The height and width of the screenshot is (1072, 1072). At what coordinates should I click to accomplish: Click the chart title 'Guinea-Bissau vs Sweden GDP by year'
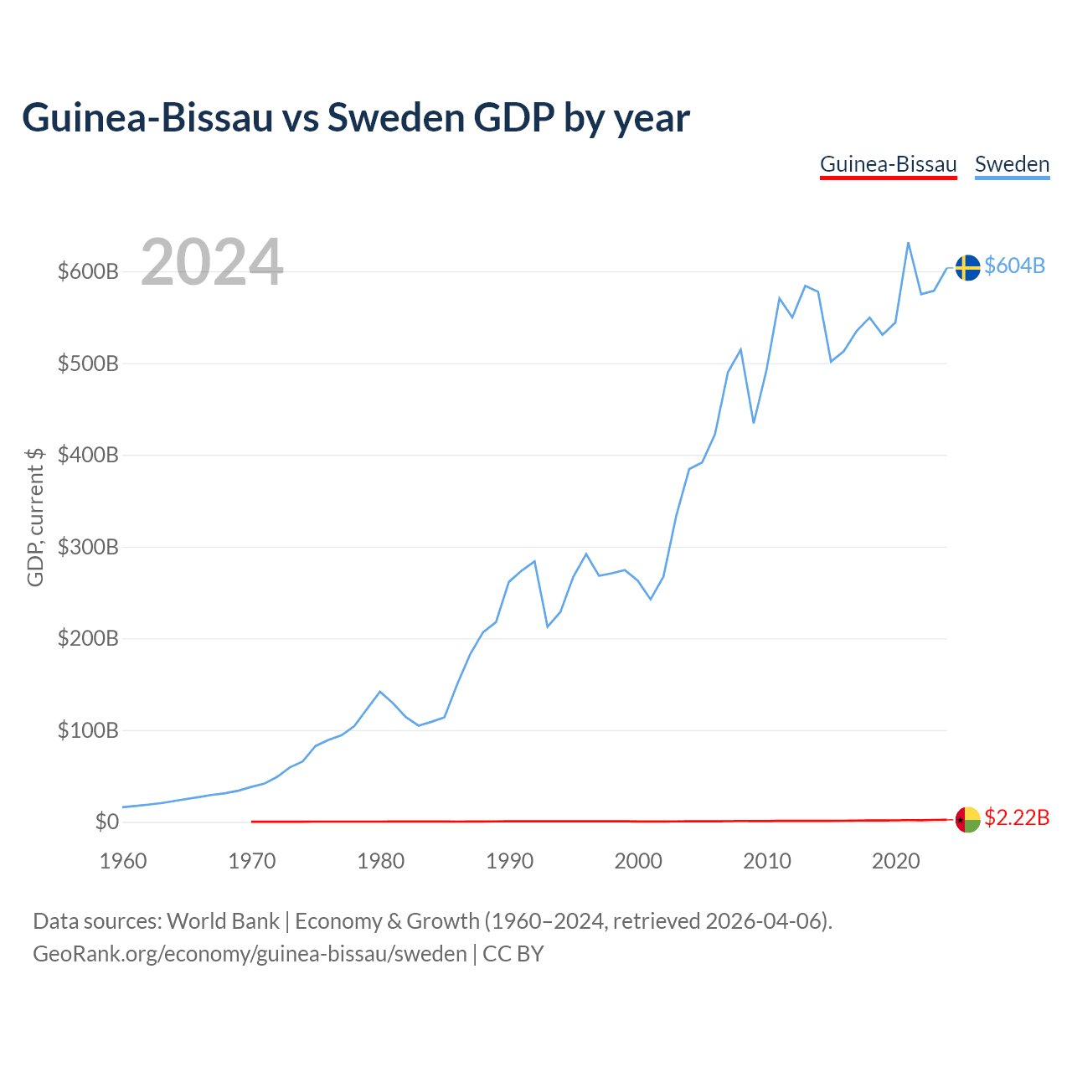point(355,118)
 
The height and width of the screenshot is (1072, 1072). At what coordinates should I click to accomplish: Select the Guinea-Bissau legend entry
point(888,165)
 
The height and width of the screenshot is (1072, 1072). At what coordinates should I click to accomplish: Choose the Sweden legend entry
point(1012,165)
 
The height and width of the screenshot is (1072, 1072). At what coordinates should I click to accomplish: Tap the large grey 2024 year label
point(212,261)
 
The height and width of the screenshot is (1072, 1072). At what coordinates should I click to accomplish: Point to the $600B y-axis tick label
point(88,271)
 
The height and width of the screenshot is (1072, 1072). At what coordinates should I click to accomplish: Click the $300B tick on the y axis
point(88,547)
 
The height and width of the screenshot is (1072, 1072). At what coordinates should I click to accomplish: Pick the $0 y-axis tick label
point(107,822)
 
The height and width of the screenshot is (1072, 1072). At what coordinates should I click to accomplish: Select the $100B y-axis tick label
point(88,729)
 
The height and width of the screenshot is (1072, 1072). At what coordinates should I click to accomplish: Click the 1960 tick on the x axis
point(123,861)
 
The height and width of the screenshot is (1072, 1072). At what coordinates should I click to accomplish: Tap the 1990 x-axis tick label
point(509,861)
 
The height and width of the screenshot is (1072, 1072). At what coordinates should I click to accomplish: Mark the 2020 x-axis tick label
point(895,861)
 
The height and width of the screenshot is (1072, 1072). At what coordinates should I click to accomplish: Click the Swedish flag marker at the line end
point(967,268)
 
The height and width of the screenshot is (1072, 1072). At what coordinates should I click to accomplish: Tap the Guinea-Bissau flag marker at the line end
point(967,819)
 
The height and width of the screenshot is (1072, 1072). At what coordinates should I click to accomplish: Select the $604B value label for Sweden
point(1015,266)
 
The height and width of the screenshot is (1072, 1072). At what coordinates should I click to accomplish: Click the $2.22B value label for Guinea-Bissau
point(1017,817)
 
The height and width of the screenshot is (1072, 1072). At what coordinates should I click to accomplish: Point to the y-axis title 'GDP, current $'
point(35,518)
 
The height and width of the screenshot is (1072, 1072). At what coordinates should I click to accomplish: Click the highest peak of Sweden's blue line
point(908,243)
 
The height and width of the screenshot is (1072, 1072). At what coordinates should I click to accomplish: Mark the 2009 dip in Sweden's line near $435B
point(754,423)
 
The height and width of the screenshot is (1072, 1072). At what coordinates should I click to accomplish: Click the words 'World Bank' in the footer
point(223,921)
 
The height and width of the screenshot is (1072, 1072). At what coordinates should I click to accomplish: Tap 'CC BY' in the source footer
point(513,954)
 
